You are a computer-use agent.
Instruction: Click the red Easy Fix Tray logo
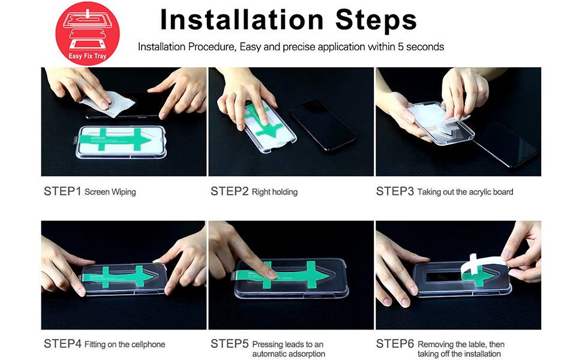88,34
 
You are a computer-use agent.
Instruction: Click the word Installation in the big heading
242,20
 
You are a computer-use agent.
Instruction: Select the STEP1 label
62,191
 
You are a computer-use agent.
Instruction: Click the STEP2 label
229,191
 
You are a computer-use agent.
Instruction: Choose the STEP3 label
395,191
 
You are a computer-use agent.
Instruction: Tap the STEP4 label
62,344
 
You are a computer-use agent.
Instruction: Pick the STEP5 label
229,344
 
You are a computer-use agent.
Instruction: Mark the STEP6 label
395,344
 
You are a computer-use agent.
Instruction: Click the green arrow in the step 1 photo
116,140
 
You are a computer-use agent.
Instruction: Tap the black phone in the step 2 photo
323,125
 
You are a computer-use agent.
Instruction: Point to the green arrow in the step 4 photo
117,277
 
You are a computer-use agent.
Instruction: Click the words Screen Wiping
110,192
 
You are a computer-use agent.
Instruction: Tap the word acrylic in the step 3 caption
479,192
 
